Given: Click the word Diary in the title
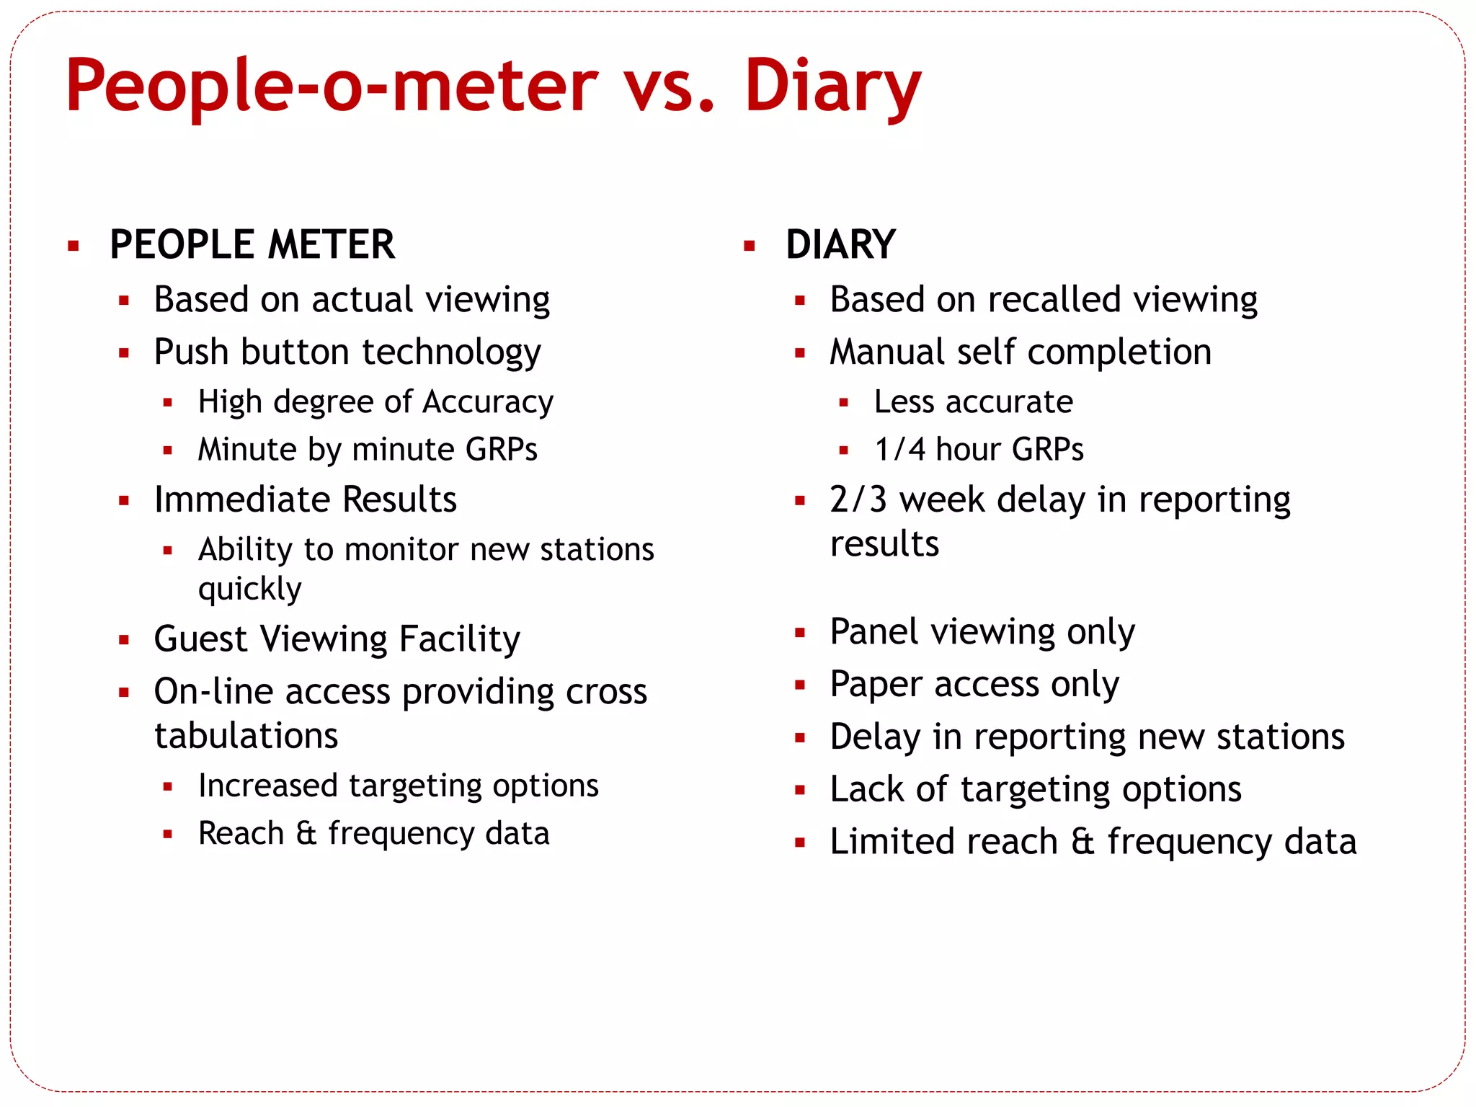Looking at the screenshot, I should coord(832,86).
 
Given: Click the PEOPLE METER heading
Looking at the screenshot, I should coord(252,244).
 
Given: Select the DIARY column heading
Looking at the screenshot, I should coord(840,244).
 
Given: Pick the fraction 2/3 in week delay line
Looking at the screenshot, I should coord(858,499).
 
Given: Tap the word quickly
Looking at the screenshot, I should coord(249,590).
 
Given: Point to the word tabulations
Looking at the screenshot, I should coord(246,736).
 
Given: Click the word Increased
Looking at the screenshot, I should coord(267,786).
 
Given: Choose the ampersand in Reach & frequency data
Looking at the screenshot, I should coord(306,834).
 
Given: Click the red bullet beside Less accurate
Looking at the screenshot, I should coord(844,403).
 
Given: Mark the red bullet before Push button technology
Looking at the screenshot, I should coord(124,353).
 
